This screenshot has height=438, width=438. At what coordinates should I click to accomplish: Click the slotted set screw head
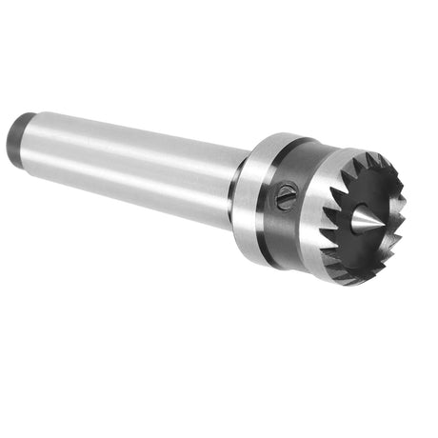(x=287, y=199)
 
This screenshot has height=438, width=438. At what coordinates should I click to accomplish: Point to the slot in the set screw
(x=287, y=199)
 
